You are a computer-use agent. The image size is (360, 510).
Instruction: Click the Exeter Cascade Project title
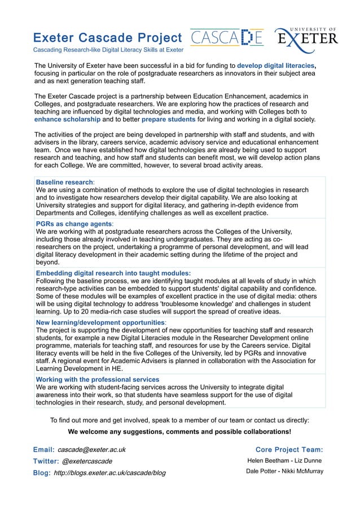coord(107,38)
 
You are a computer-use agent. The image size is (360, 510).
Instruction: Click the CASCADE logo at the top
coord(226,38)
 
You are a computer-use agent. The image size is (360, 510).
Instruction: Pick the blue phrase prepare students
coord(168,120)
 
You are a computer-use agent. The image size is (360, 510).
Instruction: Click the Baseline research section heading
coord(64,182)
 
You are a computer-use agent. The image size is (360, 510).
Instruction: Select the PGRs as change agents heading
coord(73,224)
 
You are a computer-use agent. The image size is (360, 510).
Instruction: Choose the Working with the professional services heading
coord(97,380)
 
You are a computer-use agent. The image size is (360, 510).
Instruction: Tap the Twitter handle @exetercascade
coord(90,461)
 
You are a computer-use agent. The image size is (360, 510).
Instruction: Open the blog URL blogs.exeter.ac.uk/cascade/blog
coord(109,473)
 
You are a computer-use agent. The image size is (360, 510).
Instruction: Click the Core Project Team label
coord(289,450)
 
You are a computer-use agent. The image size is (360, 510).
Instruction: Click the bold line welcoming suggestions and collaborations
coord(179,431)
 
